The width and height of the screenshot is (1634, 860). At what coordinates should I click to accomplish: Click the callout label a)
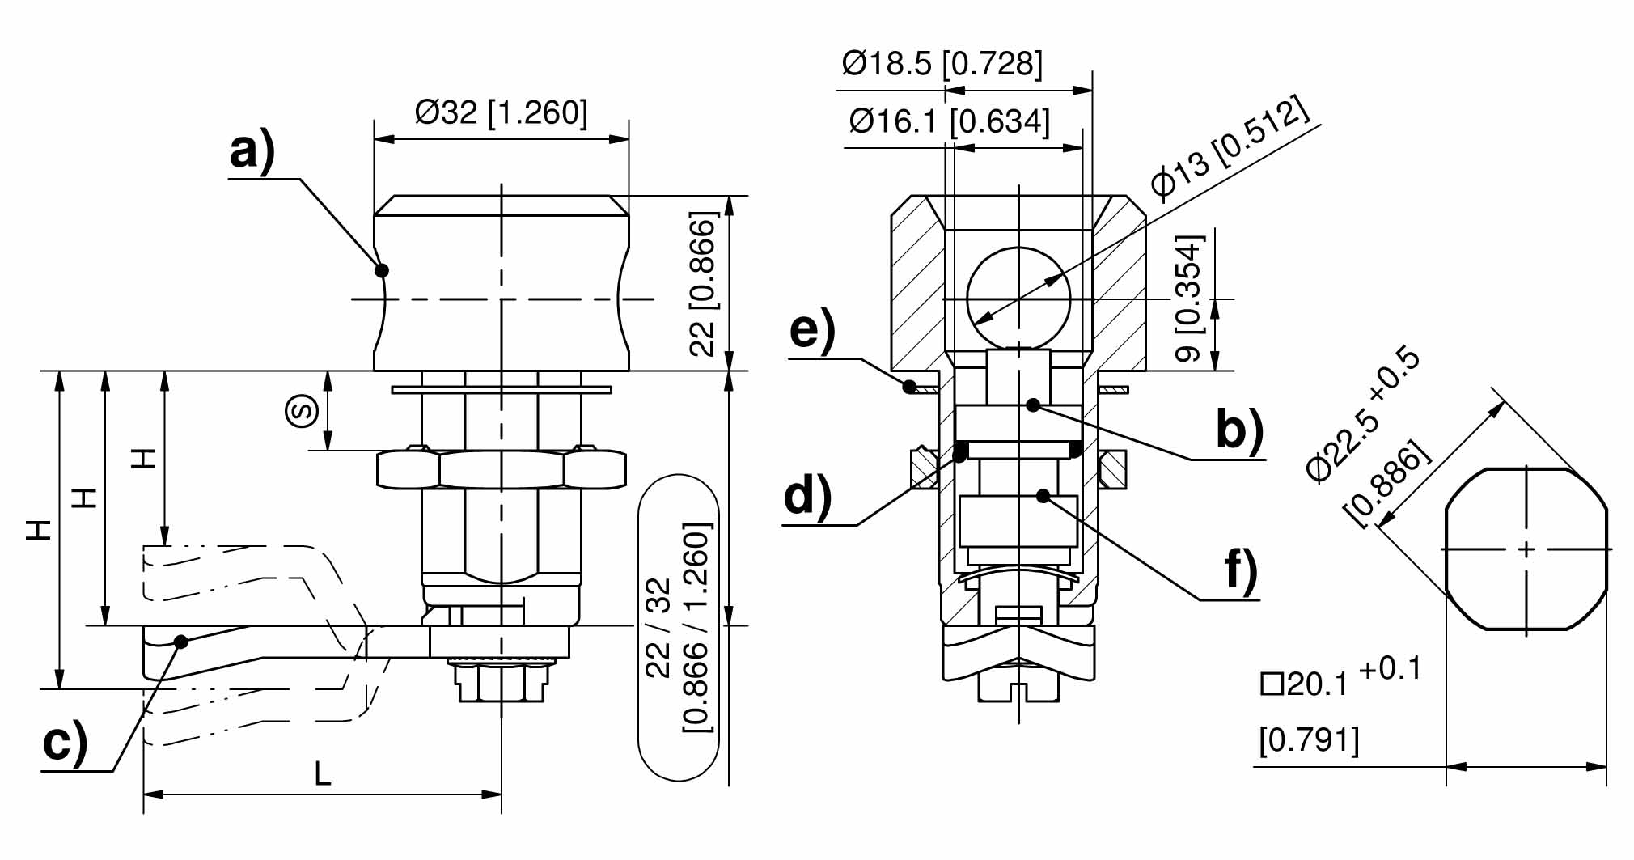[x=252, y=151]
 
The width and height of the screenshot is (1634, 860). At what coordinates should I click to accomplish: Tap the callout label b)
[x=1238, y=430]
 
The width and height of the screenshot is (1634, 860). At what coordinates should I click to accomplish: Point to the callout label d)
[x=807, y=495]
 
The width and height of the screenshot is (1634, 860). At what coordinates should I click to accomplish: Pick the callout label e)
[x=812, y=329]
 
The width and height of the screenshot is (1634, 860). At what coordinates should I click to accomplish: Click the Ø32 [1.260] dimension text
[x=502, y=112]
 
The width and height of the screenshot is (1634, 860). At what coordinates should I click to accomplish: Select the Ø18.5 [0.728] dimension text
[x=942, y=62]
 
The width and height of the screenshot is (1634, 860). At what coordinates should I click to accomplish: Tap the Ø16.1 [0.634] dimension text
[x=950, y=121]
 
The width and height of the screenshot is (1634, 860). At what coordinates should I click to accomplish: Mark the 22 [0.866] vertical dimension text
[x=702, y=284]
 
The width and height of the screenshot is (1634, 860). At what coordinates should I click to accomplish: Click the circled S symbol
[x=301, y=412]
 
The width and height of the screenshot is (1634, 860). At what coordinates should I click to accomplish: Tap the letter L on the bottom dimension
[x=323, y=775]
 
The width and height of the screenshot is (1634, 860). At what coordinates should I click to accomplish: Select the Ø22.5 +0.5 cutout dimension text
[x=1364, y=417]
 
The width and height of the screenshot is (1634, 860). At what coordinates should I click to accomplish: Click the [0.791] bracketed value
[x=1309, y=739]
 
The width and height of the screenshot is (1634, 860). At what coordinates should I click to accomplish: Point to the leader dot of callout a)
[x=382, y=270]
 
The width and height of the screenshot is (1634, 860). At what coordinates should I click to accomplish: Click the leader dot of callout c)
[x=181, y=642]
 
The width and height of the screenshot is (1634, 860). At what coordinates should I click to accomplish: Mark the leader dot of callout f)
[x=1044, y=495]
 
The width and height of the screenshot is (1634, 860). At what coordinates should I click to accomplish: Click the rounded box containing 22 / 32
[x=679, y=628]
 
